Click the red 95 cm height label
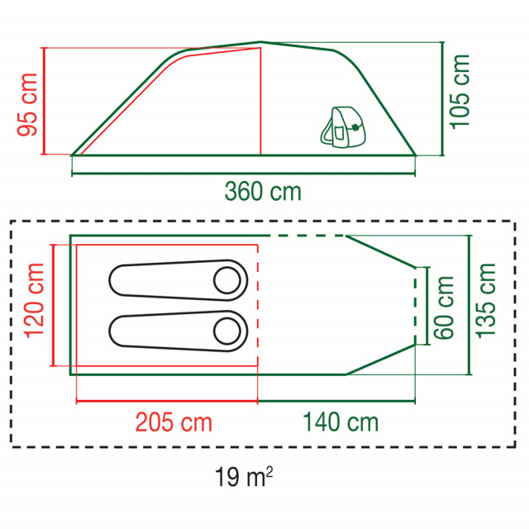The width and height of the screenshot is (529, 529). [27, 105]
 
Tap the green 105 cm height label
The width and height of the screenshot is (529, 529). [460, 92]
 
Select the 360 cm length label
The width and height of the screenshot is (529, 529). [263, 192]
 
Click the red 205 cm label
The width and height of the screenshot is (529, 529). [174, 422]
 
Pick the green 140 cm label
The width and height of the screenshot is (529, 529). [341, 422]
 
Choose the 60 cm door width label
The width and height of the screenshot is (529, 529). [444, 307]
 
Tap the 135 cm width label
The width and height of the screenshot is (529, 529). [486, 300]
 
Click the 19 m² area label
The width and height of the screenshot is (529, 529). [244, 476]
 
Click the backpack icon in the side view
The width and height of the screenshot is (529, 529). [343, 127]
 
